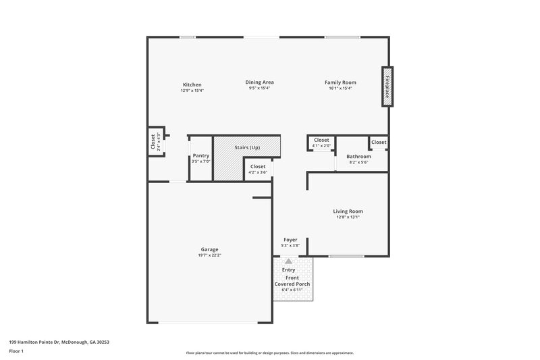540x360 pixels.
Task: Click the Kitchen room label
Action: tap(191, 84)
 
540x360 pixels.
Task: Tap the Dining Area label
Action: tap(259, 82)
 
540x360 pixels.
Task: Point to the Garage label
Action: tap(209, 249)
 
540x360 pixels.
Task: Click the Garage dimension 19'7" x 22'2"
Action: tap(209, 255)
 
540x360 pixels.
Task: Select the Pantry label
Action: tap(200, 155)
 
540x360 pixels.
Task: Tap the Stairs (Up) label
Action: tap(247, 147)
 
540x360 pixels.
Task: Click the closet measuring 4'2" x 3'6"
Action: tap(258, 169)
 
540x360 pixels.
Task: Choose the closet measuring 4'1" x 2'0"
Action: tap(321, 142)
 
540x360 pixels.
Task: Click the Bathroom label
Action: tap(358, 157)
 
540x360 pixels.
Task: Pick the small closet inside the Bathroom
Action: tap(379, 143)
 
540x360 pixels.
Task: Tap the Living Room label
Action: tap(349, 211)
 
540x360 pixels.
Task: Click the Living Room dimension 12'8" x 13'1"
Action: tap(349, 217)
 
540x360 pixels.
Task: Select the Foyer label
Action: tap(290, 239)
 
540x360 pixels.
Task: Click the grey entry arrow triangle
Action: tap(289, 261)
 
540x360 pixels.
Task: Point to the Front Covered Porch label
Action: tap(292, 281)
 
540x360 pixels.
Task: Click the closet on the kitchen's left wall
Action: tap(154, 142)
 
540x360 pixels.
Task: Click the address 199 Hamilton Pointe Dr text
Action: tap(59, 342)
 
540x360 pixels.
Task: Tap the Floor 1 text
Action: tap(16, 352)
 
